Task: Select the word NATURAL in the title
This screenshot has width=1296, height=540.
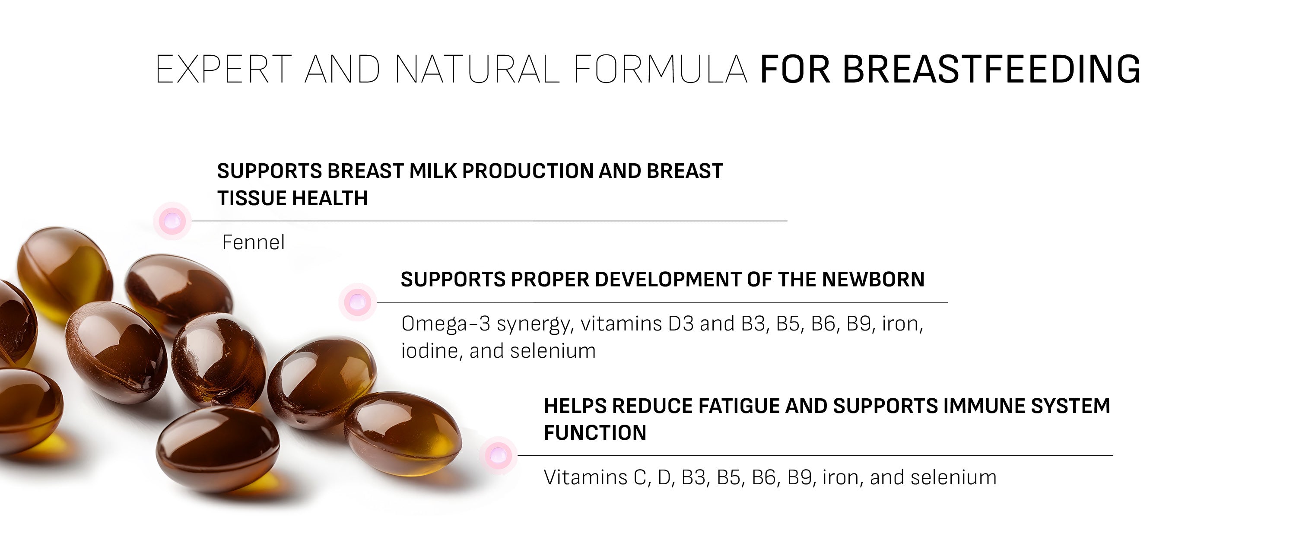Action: coord(477,69)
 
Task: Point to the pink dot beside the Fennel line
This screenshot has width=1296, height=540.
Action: coord(172,220)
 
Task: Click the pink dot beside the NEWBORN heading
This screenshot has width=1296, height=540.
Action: coord(357,302)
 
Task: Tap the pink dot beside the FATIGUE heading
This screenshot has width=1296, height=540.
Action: coord(498,455)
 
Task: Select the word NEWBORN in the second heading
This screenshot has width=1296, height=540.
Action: coord(874,280)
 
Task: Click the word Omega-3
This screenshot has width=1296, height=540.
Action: coord(446,324)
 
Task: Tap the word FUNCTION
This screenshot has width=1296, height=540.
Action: coord(595,433)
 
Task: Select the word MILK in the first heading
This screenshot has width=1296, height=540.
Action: coord(432,171)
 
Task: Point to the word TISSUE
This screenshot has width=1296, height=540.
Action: coord(251,198)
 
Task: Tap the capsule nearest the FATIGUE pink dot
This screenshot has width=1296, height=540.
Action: coord(403,434)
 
